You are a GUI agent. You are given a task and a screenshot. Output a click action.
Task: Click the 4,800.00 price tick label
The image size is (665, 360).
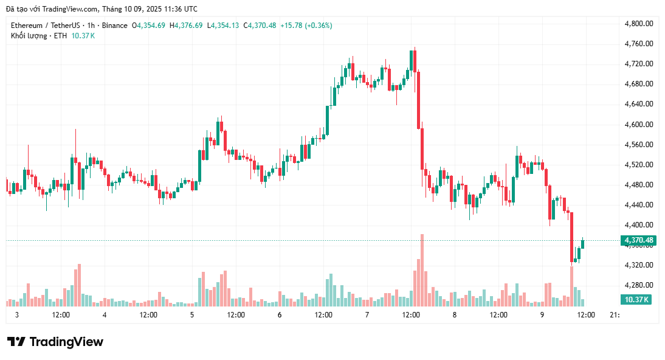pos(639,24)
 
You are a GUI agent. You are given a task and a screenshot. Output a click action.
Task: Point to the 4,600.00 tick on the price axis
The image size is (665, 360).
pos(639,125)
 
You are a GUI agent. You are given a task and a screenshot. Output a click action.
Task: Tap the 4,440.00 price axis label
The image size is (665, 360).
pos(639,205)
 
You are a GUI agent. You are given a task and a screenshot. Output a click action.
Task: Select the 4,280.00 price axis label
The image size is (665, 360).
pos(639,285)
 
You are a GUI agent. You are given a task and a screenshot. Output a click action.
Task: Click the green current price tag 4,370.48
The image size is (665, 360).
pos(639,241)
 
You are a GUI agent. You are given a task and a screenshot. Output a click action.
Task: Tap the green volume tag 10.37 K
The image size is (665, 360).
pos(636,300)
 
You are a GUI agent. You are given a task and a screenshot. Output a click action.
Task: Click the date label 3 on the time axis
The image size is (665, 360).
pos(17,315)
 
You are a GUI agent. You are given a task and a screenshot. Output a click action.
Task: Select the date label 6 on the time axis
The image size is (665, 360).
pos(280,315)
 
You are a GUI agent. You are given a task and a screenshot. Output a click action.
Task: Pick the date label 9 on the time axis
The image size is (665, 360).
pos(542,315)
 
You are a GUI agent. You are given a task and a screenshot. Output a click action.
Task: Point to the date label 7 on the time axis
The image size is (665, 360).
pos(367,315)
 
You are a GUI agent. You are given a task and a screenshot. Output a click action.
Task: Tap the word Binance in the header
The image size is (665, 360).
pos(114,26)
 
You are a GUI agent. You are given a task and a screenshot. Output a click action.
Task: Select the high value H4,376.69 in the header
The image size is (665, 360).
pos(187,26)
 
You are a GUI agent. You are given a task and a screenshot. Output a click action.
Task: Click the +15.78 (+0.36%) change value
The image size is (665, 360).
pos(306,26)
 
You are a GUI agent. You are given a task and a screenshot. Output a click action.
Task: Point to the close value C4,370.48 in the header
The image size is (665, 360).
pos(260,26)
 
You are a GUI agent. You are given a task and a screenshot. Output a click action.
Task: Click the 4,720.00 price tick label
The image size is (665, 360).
pos(639,64)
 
